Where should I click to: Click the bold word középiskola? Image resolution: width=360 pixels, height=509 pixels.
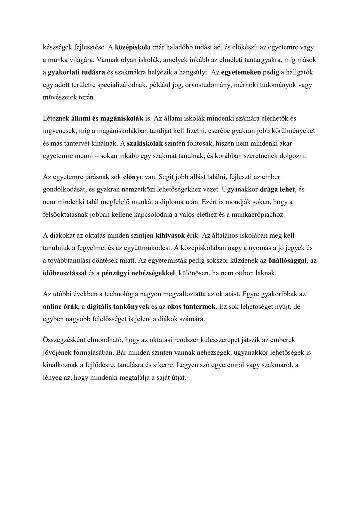click(133, 47)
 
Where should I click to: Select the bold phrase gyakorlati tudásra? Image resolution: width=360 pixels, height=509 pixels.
click(76, 72)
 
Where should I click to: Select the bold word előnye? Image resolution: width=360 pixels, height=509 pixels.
click(133, 177)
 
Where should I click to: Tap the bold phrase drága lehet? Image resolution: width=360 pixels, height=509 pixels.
click(277, 189)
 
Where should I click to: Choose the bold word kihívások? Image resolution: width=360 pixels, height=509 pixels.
click(170, 236)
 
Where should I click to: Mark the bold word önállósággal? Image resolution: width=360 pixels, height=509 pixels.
click(287, 261)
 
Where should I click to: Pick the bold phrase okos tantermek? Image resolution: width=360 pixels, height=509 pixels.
click(192, 307)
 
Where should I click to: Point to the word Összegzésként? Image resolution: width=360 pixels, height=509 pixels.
click(64, 340)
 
